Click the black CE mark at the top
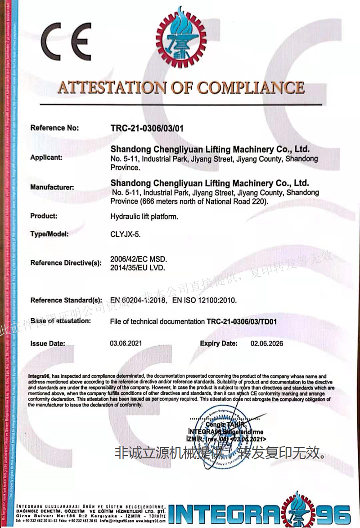67,41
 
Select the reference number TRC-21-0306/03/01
147,128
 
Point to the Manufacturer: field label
52,187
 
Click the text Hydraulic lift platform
144,217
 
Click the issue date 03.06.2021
126,343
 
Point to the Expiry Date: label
219,343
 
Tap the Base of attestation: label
61,321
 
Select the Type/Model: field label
49,235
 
